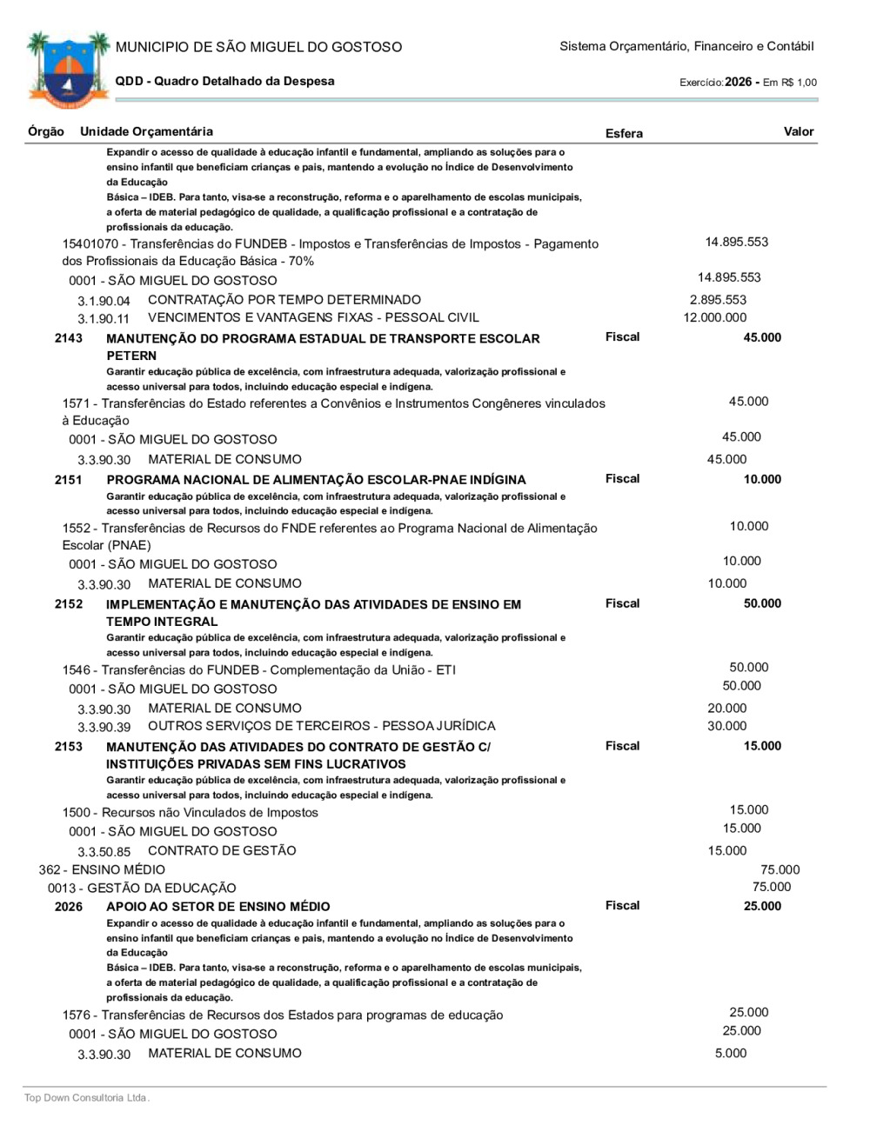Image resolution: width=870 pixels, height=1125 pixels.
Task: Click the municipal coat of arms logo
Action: (68, 69)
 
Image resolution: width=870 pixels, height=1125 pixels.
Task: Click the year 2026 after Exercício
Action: (738, 82)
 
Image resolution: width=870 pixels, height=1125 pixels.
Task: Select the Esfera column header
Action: (624, 133)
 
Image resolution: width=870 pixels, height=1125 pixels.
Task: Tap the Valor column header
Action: (798, 131)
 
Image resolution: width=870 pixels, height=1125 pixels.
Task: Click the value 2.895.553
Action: (718, 300)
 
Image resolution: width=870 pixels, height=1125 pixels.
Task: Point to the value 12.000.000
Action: (714, 317)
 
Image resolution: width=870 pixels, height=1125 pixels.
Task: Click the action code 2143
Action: (69, 338)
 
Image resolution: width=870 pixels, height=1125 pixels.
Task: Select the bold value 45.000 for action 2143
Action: (762, 337)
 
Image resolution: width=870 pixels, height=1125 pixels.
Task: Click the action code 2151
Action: (69, 480)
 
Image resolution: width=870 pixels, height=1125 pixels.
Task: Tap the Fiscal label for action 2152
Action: (622, 603)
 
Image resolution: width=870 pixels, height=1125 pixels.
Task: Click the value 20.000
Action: (726, 709)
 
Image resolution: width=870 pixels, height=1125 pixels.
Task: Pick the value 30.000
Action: (726, 726)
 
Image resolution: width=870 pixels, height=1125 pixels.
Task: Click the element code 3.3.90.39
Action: (104, 728)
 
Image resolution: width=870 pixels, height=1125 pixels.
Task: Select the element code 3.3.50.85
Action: (104, 852)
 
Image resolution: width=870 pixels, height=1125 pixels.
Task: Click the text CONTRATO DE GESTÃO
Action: (222, 850)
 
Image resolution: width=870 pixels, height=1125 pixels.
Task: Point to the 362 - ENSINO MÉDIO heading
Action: (102, 869)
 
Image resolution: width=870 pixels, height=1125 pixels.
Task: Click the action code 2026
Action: (69, 907)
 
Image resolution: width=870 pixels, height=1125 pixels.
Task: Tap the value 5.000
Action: (731, 1053)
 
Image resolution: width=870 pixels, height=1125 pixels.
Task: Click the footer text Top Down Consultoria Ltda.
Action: (87, 1098)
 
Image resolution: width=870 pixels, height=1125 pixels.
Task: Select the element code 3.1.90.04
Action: (104, 302)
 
